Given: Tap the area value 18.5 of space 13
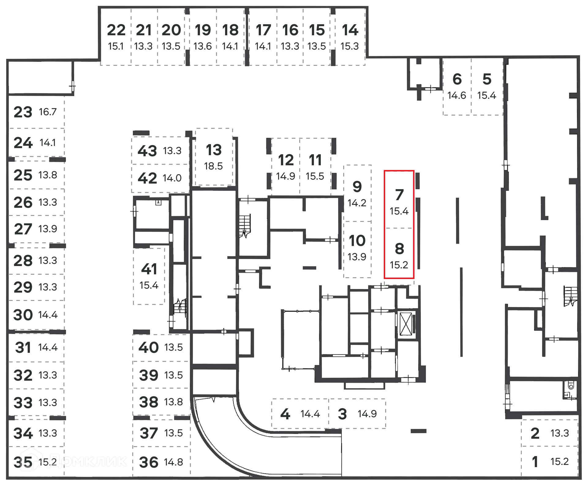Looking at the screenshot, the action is pyautogui.click(x=213, y=166).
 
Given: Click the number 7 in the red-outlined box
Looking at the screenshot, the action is pyautogui.click(x=399, y=195).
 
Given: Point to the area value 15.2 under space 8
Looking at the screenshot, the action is pyautogui.click(x=399, y=265).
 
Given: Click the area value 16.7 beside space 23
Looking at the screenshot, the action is pyautogui.click(x=48, y=112).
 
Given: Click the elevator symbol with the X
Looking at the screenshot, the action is pyautogui.click(x=406, y=324).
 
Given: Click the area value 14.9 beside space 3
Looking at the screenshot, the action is pyautogui.click(x=367, y=414).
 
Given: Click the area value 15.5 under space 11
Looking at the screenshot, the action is pyautogui.click(x=315, y=176).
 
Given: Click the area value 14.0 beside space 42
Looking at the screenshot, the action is pyautogui.click(x=172, y=178).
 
